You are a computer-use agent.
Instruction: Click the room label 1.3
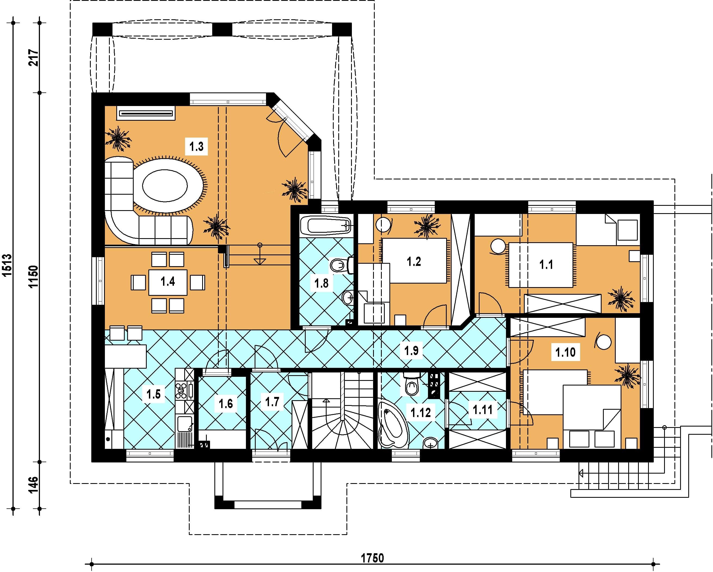point(196,146)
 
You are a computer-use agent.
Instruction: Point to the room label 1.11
point(483,410)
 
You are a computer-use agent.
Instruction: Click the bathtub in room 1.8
point(326,225)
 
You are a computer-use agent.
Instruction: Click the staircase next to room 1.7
point(343,410)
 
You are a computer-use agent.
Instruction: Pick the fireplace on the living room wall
point(146,114)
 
